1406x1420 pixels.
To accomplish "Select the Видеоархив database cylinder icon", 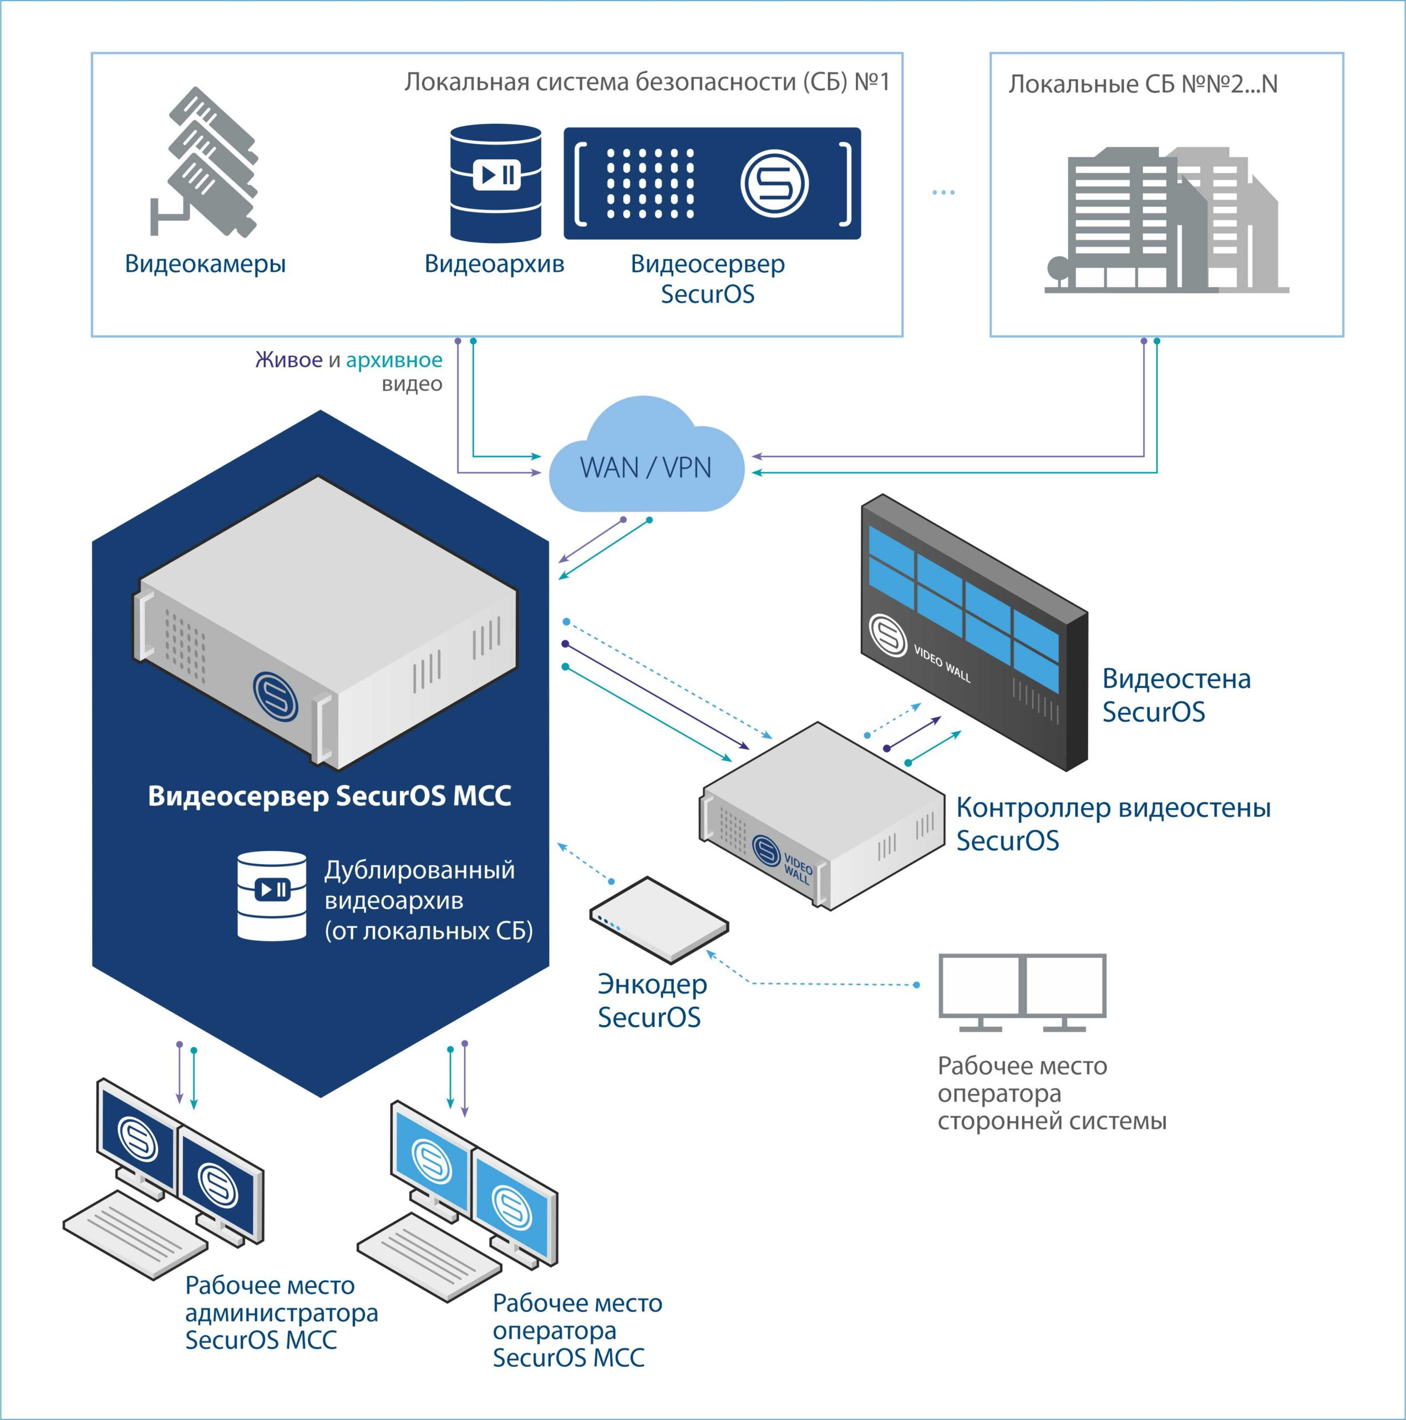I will [495, 183].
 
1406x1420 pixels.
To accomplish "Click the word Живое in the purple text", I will [288, 360].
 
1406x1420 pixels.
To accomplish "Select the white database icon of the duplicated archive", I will [272, 895].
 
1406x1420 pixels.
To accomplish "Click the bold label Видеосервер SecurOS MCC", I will [329, 796].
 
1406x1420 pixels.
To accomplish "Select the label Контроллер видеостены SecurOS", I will [1112, 823].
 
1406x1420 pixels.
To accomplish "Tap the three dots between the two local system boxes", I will [943, 192].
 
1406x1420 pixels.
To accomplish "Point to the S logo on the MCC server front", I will [275, 694].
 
